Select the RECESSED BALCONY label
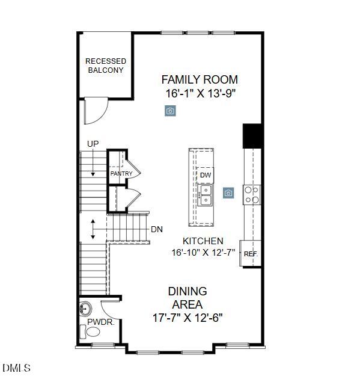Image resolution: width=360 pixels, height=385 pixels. point(106,66)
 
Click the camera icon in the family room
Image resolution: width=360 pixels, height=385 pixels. point(170,111)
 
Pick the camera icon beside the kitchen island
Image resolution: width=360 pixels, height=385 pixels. point(228,193)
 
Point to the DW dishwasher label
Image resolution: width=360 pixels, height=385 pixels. point(206,175)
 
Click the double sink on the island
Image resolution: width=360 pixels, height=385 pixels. point(206,195)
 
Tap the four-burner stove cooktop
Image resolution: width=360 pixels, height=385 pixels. point(252,194)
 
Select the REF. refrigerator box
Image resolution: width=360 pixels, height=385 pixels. point(251,254)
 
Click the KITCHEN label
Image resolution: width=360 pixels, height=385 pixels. point(203,241)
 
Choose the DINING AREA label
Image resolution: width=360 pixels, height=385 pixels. point(188,298)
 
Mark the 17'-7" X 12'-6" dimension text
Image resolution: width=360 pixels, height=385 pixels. point(188,318)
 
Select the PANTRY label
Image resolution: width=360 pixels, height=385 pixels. point(121,174)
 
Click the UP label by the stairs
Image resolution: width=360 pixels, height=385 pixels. point(93,144)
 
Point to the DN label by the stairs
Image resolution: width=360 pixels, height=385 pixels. point(156,229)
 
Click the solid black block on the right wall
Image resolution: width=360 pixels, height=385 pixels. point(252,136)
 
